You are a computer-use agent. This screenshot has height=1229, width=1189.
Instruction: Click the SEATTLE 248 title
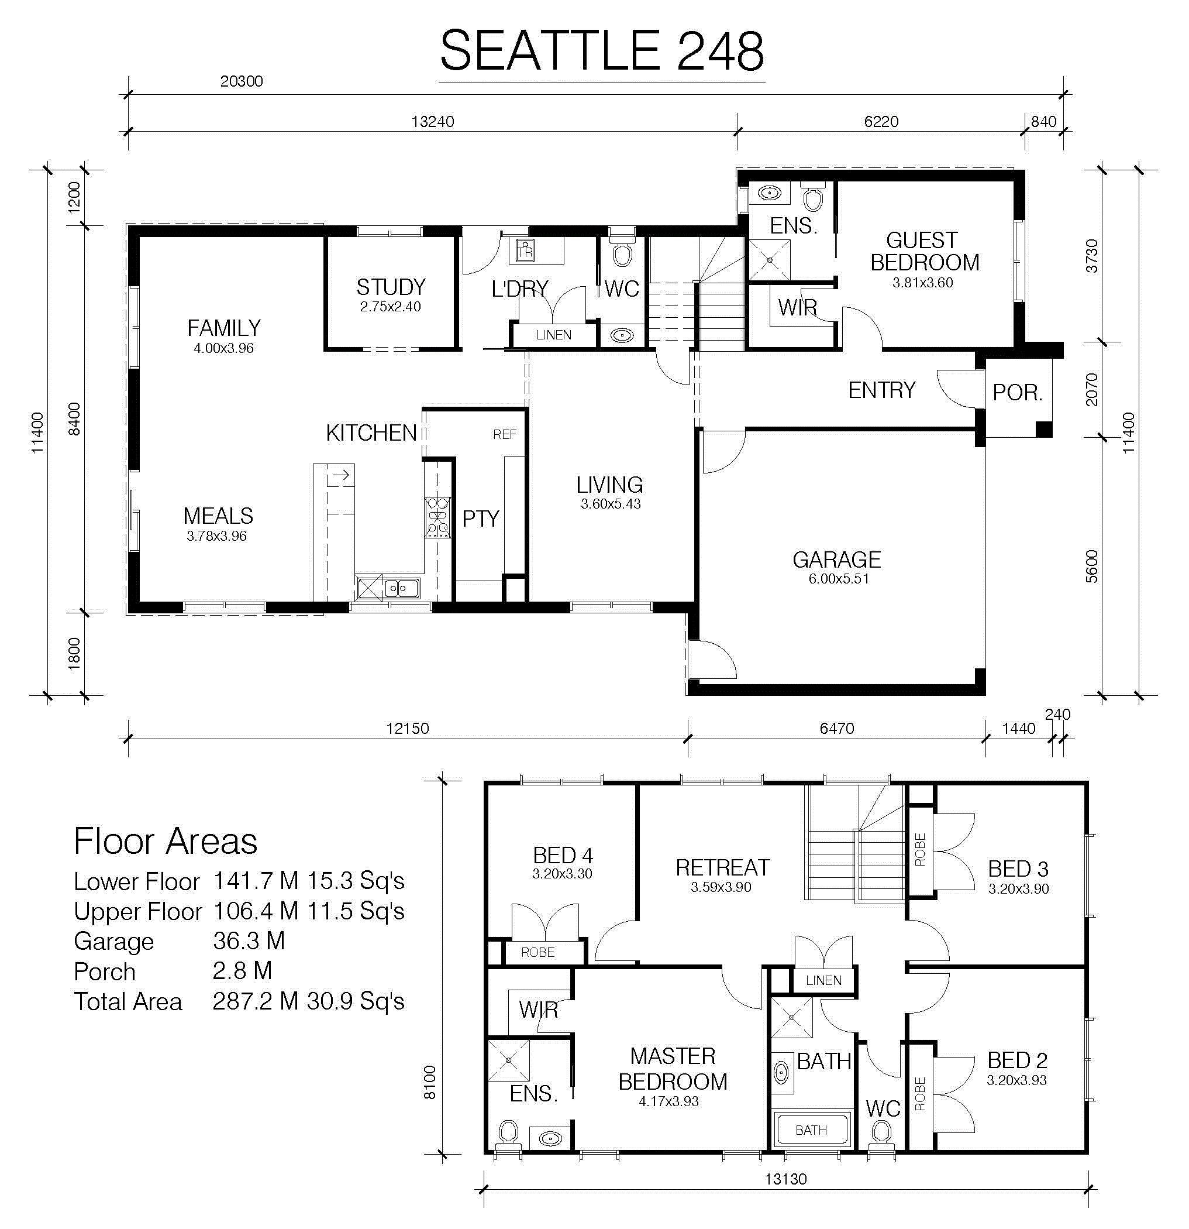602,50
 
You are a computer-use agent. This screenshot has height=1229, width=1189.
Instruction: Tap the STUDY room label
391,287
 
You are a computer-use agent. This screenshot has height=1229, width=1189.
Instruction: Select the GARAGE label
837,559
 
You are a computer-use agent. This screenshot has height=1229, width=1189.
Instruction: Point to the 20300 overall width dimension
242,81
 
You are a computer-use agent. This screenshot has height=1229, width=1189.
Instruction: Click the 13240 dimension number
432,121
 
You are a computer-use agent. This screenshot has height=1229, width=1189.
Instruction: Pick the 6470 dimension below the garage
837,728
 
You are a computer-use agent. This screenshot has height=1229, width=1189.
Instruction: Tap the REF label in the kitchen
505,434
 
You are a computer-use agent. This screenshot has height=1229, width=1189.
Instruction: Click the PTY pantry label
481,519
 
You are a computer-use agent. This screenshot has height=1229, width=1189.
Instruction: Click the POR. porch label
1017,393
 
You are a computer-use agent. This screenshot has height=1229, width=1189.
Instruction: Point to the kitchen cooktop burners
437,517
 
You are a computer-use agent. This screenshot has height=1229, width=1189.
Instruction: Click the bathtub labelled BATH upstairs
812,1130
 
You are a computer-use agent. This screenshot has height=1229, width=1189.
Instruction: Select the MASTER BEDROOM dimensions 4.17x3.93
668,1101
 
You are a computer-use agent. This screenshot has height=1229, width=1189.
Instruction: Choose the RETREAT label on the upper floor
722,867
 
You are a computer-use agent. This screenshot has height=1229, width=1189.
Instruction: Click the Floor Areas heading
166,841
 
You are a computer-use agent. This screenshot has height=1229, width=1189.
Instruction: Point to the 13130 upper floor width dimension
785,1179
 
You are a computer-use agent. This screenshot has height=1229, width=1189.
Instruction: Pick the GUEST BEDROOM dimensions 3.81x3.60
923,282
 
